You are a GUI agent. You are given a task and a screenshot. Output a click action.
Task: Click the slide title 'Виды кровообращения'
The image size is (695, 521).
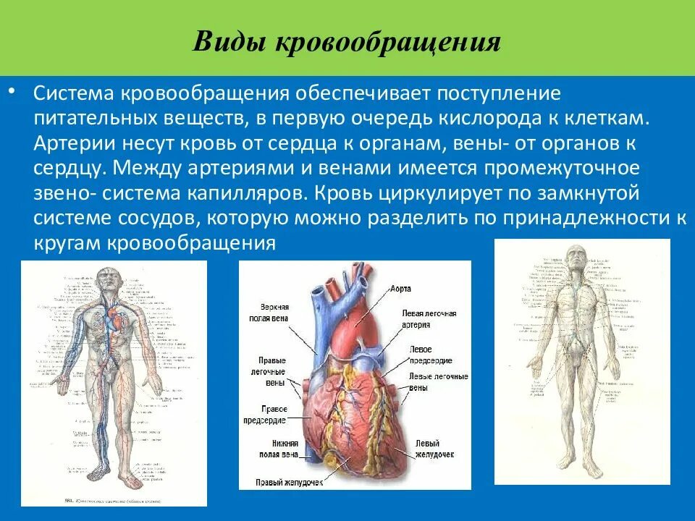[347, 41]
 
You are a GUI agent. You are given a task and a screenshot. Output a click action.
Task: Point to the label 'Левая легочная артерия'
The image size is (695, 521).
[429, 319]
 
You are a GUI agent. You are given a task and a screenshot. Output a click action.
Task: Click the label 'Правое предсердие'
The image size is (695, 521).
[271, 413]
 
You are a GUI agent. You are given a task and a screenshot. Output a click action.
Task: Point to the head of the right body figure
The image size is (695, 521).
[576, 255]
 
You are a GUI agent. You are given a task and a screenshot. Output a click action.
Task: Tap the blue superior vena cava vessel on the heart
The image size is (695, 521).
[319, 318]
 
